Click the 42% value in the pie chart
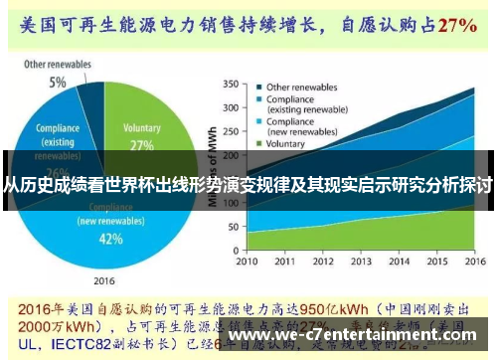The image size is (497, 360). click(x=110, y=239)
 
